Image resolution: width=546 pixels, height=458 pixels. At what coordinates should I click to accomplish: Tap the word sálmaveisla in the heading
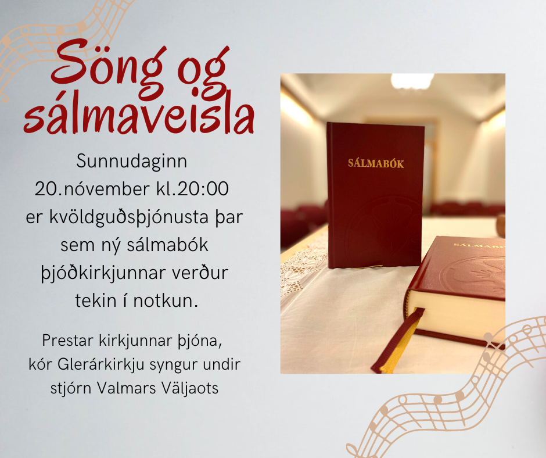[x=139, y=116]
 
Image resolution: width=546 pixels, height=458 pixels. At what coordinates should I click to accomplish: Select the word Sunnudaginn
[x=132, y=162]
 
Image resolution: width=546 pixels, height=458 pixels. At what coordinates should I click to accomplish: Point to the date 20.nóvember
[x=97, y=189]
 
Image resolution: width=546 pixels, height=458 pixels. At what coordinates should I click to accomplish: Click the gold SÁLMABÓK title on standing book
[x=375, y=163]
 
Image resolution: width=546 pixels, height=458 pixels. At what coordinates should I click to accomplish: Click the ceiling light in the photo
[x=412, y=80]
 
